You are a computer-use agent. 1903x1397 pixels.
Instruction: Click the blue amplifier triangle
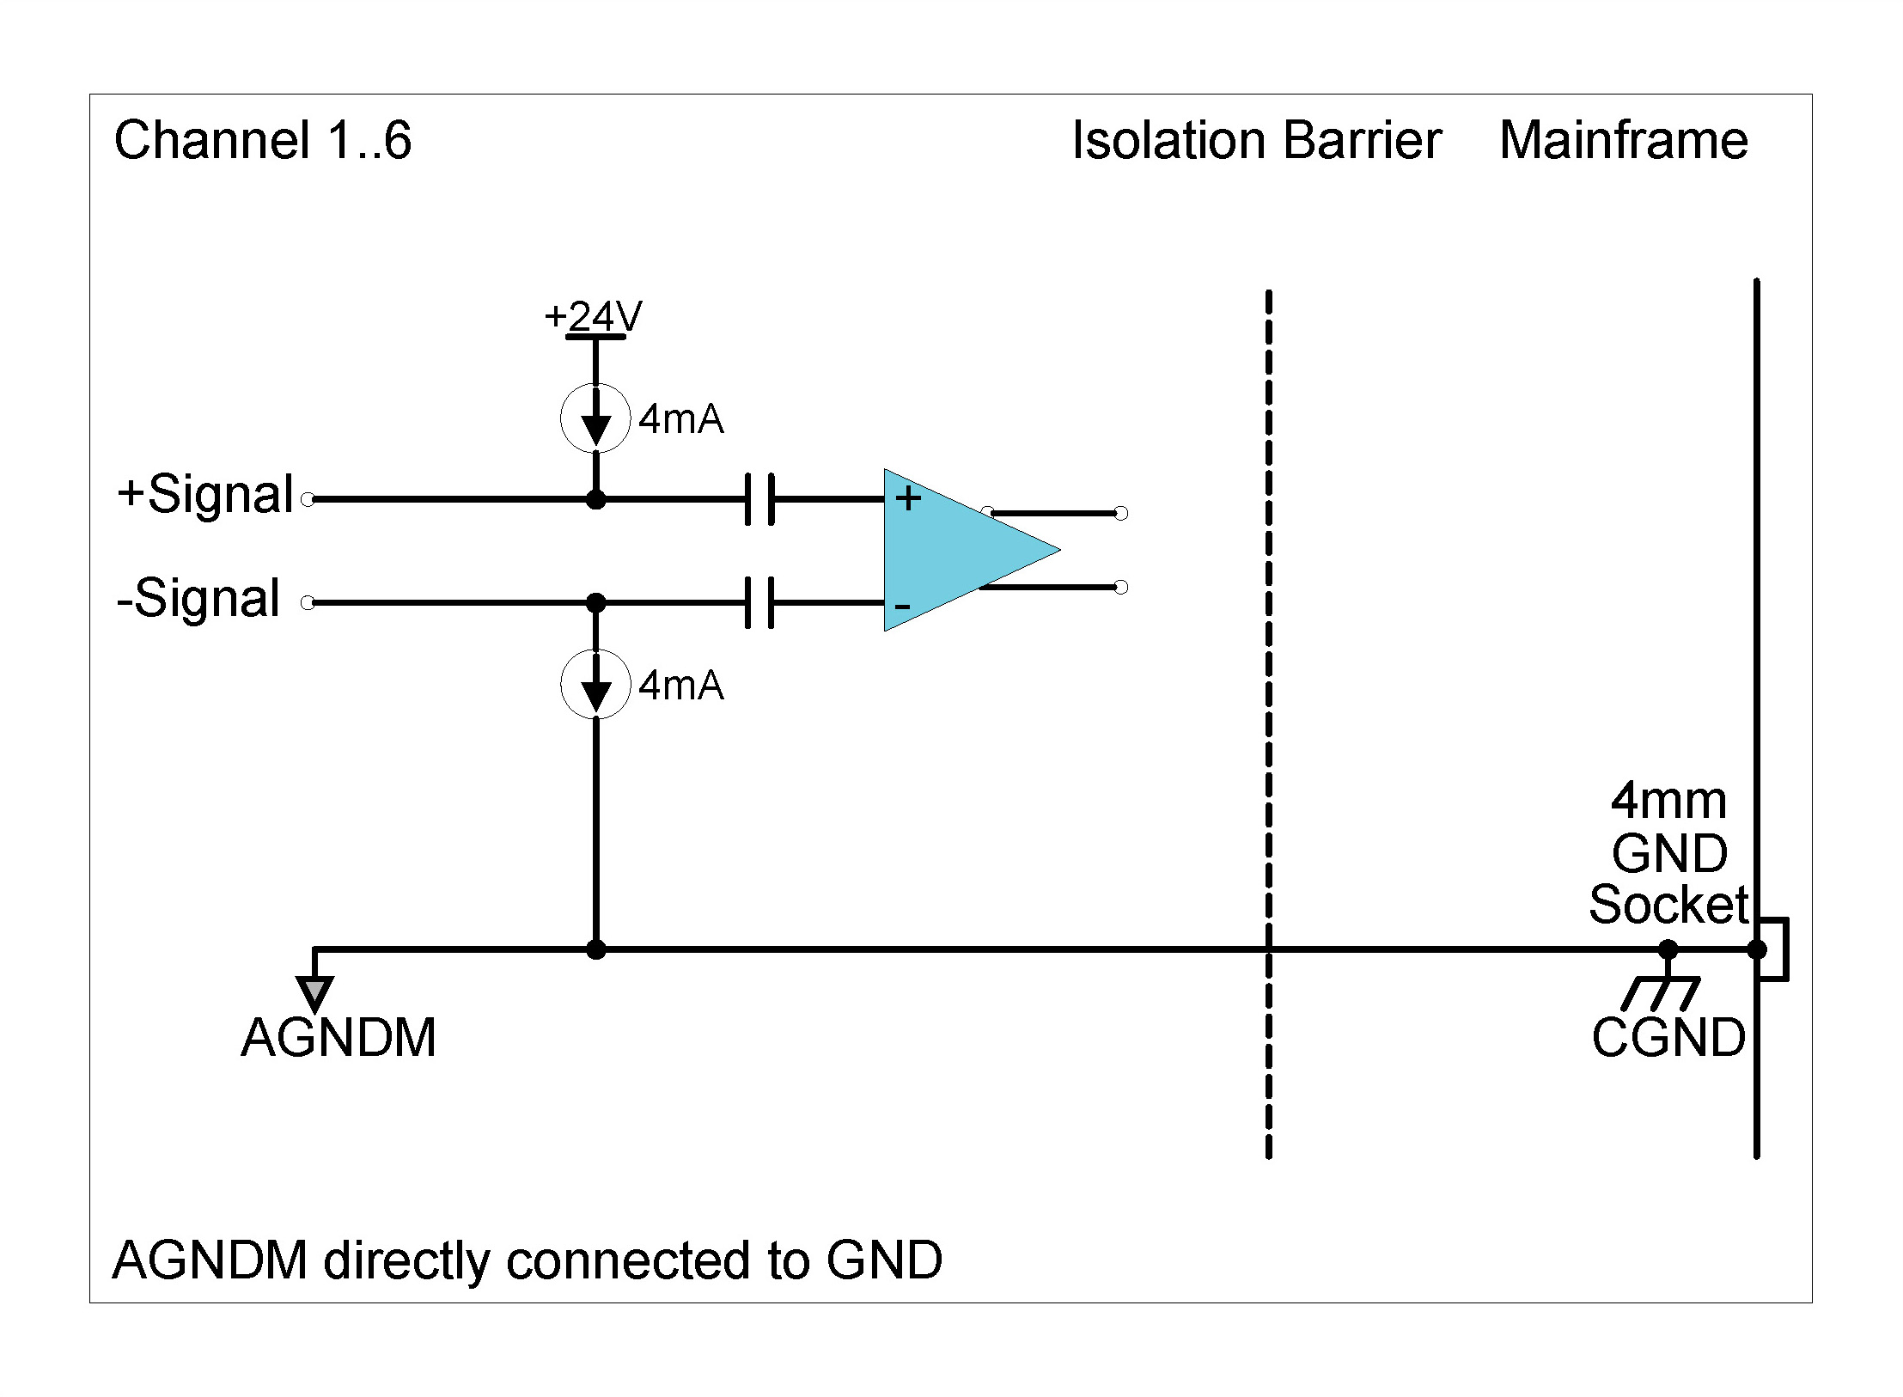tap(954, 550)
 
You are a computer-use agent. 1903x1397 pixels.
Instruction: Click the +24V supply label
tap(593, 317)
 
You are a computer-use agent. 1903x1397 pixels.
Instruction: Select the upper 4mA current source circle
tap(595, 418)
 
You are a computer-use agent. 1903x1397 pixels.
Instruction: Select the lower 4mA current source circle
tap(595, 685)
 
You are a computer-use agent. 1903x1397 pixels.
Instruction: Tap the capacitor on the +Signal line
tap(759, 498)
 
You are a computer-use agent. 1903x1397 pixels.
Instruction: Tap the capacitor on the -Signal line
tap(759, 602)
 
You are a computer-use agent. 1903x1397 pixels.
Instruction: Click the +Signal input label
tap(205, 495)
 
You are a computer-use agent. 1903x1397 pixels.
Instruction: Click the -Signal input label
tap(198, 598)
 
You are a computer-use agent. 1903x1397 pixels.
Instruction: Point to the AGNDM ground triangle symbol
tap(314, 992)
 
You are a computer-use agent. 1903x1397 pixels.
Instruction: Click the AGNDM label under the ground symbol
tap(339, 1038)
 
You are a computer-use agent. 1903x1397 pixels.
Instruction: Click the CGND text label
tap(1668, 1038)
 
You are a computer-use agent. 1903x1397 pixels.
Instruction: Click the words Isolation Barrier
tap(1256, 140)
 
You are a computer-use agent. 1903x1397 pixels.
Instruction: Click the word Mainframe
tap(1623, 140)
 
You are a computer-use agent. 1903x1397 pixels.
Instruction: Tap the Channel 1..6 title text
tap(263, 140)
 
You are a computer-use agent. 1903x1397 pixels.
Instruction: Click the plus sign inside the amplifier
tap(908, 498)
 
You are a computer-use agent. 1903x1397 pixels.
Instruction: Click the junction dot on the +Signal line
tap(595, 499)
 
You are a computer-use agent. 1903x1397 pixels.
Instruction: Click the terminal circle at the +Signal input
tap(308, 499)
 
